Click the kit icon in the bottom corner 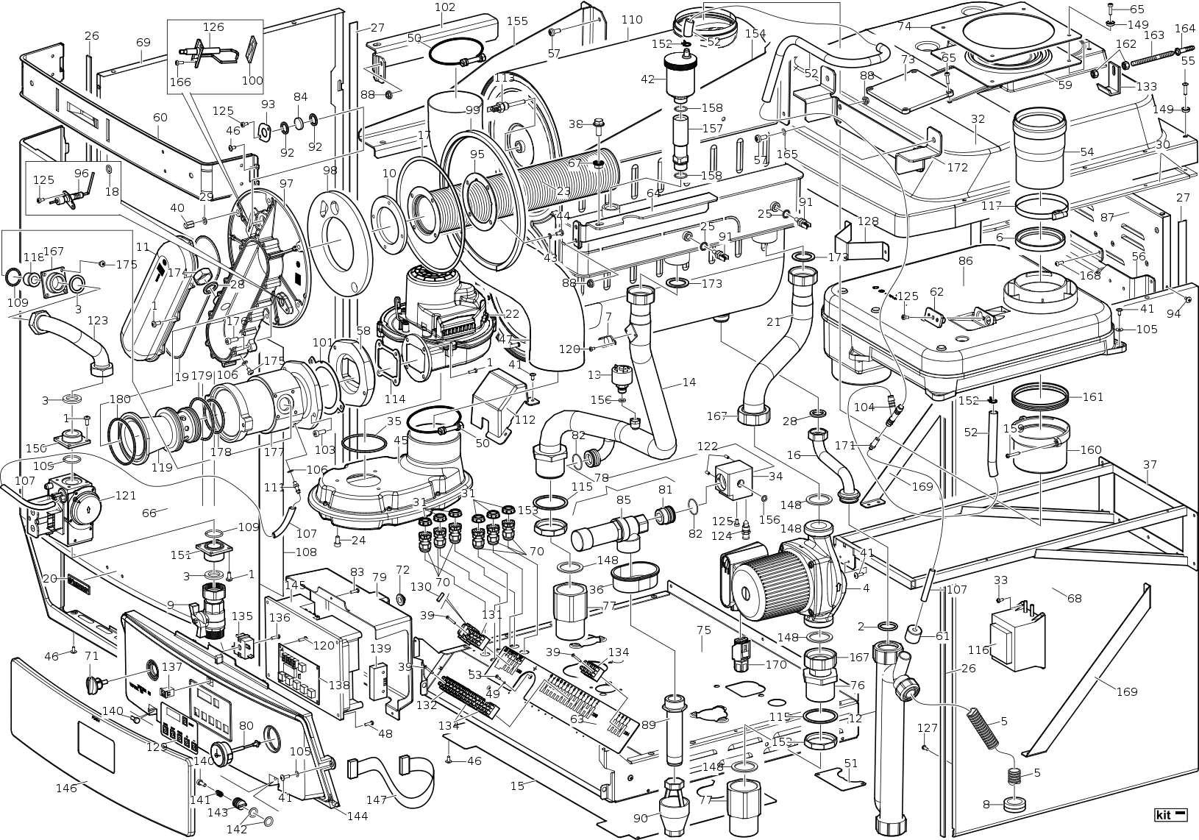coord(1171,815)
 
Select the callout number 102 coord(445,7)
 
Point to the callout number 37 coord(1150,464)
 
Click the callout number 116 coord(978,649)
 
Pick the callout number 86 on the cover coord(966,261)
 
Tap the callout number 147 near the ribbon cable coord(377,800)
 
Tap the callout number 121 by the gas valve coord(126,496)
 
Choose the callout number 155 coord(517,21)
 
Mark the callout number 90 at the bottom coord(640,818)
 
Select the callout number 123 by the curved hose coord(98,321)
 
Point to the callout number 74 coord(904,26)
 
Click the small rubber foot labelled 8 coord(1014,803)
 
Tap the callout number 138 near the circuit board coord(339,686)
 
